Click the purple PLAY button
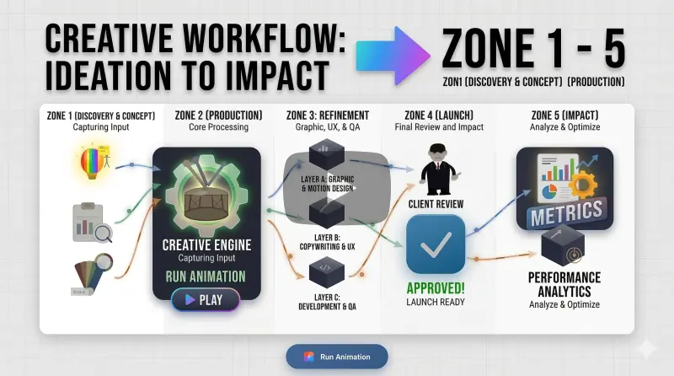coord(205,300)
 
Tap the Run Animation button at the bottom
coord(336,357)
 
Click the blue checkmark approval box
coord(436,244)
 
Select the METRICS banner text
coord(565,212)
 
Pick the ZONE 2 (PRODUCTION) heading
coord(217,115)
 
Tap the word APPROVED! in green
coord(436,288)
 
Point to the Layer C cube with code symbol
coord(324,272)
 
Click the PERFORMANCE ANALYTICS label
coord(564,284)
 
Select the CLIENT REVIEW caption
coord(436,203)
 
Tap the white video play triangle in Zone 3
coord(353,188)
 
